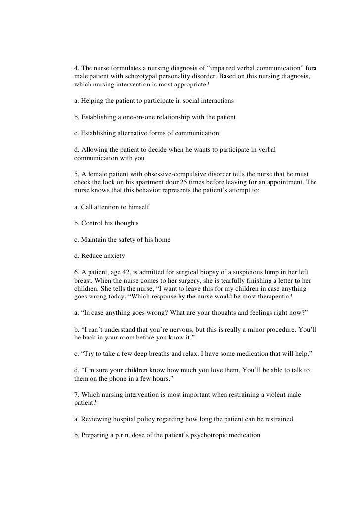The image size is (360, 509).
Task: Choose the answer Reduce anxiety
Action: tap(96, 255)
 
